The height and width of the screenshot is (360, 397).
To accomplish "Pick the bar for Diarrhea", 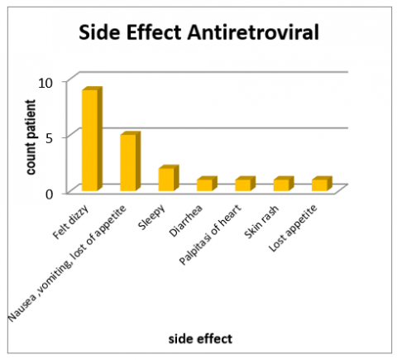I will coord(204,184).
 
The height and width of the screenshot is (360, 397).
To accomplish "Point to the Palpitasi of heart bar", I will coord(242,184).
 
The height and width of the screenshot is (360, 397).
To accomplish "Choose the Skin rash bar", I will coord(281,184).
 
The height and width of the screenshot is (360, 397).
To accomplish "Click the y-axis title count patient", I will coord(30,137).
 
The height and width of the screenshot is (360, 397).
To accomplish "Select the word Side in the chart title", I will coord(100,34).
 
